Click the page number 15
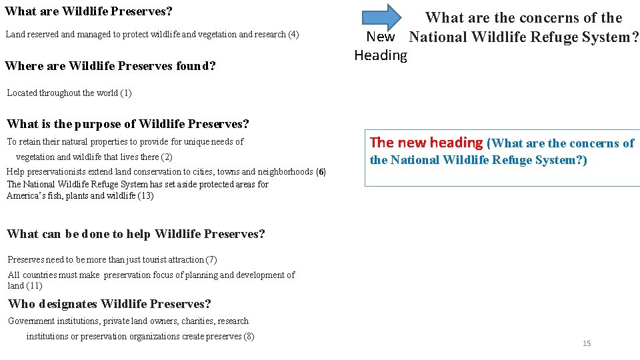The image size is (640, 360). pos(587,343)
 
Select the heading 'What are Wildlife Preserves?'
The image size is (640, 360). pos(89,11)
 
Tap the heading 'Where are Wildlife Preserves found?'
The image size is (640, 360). pos(110,65)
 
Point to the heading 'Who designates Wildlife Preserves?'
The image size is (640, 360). pos(109,304)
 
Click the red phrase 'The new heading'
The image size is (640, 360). pos(426,142)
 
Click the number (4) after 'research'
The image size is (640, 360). pos(293,34)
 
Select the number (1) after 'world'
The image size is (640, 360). pos(126,93)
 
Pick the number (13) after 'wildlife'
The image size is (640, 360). pos(145,195)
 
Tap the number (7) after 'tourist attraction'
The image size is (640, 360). pos(211,259)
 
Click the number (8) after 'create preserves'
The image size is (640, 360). pos(249,336)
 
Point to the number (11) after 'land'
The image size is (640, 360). pos(35,285)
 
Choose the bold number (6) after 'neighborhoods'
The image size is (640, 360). pos(321,171)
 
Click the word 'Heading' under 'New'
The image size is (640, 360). pos(381,55)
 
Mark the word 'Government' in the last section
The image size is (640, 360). pos(31,321)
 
